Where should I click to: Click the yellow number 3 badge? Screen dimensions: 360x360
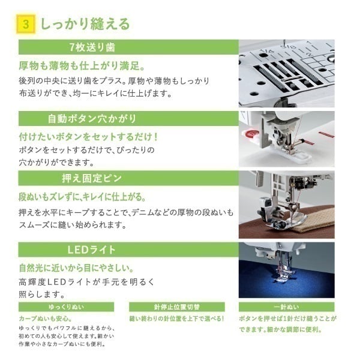[26, 24]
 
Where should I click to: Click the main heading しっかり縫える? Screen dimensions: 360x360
[85, 24]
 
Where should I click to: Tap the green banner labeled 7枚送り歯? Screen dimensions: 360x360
[128, 47]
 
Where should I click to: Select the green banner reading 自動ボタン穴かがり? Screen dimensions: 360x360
[128, 118]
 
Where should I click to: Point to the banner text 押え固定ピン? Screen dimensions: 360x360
[92, 178]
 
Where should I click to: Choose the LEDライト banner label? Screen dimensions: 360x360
[91, 250]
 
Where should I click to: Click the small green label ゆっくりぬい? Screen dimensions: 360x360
[66, 307]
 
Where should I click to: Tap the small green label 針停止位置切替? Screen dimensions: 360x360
[177, 307]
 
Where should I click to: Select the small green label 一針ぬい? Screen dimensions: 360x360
[287, 307]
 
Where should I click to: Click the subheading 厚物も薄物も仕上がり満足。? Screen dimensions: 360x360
[82, 66]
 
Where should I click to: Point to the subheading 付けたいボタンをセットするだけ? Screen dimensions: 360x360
[88, 137]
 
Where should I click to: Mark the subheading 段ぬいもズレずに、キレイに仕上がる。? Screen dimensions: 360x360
[82, 197]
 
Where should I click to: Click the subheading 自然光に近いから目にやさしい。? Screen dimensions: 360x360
[76, 268]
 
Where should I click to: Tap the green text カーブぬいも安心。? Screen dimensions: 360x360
[46, 319]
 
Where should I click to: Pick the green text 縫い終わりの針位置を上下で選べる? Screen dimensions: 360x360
[176, 319]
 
